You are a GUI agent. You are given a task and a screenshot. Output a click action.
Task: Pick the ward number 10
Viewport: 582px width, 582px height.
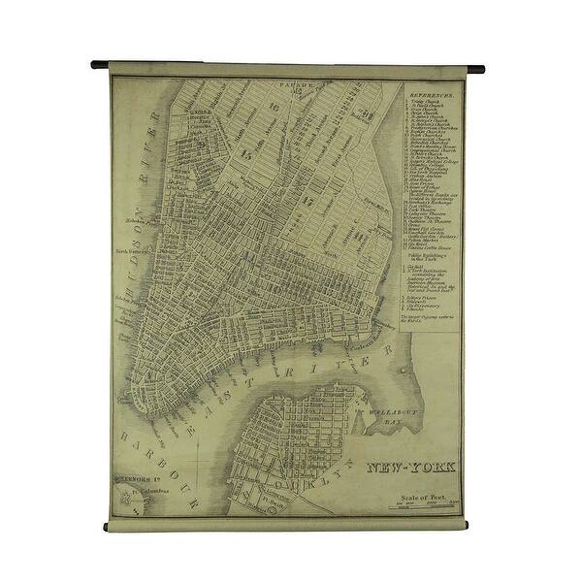click(274, 107)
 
